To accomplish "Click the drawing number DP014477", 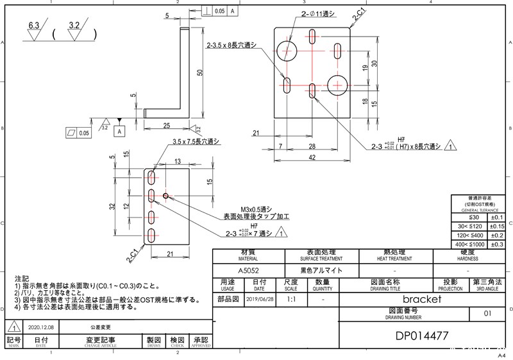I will [x=421, y=336].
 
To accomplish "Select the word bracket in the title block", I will [x=421, y=299].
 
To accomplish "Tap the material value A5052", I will [x=248, y=271].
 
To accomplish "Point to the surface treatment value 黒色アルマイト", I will [x=317, y=271].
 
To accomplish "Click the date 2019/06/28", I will [x=259, y=299].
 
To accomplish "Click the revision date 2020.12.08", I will [x=40, y=327].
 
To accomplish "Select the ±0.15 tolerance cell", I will [x=497, y=226].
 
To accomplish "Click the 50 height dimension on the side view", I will [x=199, y=73].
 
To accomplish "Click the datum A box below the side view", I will [x=119, y=131].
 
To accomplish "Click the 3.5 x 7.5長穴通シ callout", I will [x=196, y=141].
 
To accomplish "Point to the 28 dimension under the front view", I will [x=311, y=146].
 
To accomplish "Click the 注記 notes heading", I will [x=21, y=280].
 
